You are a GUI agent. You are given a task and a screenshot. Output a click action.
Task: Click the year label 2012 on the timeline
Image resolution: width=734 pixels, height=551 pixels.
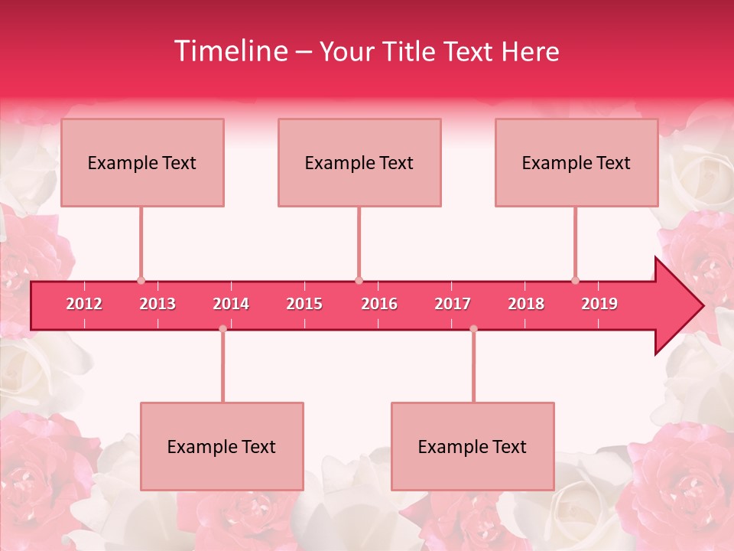84,304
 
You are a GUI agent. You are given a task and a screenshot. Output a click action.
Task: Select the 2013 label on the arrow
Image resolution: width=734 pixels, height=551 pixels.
158,304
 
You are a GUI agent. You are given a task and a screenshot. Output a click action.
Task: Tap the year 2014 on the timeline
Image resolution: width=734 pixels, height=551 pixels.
231,304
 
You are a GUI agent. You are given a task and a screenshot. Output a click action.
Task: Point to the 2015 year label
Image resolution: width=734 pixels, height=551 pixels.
304,304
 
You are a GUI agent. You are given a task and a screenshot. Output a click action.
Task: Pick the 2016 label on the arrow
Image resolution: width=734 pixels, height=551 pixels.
379,304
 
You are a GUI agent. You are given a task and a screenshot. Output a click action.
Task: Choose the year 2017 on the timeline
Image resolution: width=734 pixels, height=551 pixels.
453,304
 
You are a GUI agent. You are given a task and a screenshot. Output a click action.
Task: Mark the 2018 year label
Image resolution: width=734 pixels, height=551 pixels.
526,304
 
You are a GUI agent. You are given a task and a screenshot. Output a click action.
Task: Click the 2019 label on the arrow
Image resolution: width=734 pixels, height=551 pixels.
599,304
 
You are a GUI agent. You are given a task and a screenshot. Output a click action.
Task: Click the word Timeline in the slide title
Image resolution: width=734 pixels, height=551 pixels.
229,51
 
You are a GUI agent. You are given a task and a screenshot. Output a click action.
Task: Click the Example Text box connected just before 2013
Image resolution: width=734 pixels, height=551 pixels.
142,162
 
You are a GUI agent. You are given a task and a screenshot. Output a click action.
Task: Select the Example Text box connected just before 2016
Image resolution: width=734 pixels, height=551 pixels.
359,162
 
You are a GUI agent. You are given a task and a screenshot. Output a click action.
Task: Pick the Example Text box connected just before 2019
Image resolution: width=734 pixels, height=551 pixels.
576,162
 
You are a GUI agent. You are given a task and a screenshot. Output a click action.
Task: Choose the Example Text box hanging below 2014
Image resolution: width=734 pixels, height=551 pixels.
222,446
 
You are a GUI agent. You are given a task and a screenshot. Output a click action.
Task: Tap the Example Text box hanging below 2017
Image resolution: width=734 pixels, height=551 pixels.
473,446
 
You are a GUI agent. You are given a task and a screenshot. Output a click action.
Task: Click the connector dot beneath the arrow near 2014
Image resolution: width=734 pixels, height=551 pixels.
222,328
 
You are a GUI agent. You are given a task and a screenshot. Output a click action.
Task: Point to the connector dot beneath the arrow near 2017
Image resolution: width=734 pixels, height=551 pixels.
473,328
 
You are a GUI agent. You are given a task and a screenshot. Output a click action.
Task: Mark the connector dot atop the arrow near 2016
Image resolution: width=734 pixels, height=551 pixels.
359,280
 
